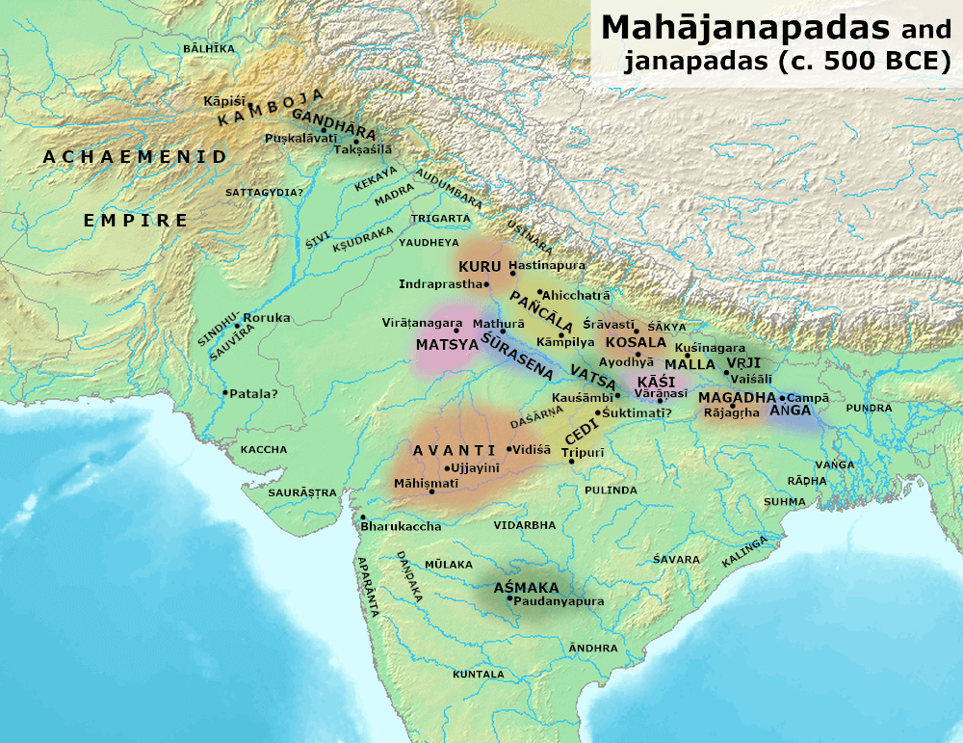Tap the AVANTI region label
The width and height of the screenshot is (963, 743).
point(440,450)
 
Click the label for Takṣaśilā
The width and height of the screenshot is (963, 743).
point(364,150)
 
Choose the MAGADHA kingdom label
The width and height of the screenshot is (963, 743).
point(738,397)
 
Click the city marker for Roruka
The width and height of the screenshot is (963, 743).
point(238,326)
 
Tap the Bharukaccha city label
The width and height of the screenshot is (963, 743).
point(401,526)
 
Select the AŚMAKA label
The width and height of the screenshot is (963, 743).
point(526,587)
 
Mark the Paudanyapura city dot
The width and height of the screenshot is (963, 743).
point(510,598)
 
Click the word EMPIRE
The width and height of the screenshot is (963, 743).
point(136,221)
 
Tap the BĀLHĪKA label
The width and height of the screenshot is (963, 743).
point(207,47)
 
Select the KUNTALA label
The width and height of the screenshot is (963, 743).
point(479,674)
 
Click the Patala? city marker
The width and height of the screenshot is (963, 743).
point(225,392)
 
